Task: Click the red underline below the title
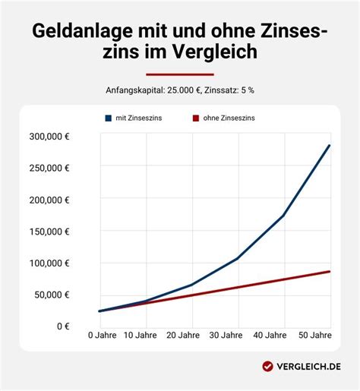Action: [x=180, y=74]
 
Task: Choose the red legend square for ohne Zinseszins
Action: [x=196, y=118]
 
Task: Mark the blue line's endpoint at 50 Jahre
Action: [x=330, y=145]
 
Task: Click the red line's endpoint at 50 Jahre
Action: [x=330, y=271]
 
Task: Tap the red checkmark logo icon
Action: [x=267, y=366]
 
